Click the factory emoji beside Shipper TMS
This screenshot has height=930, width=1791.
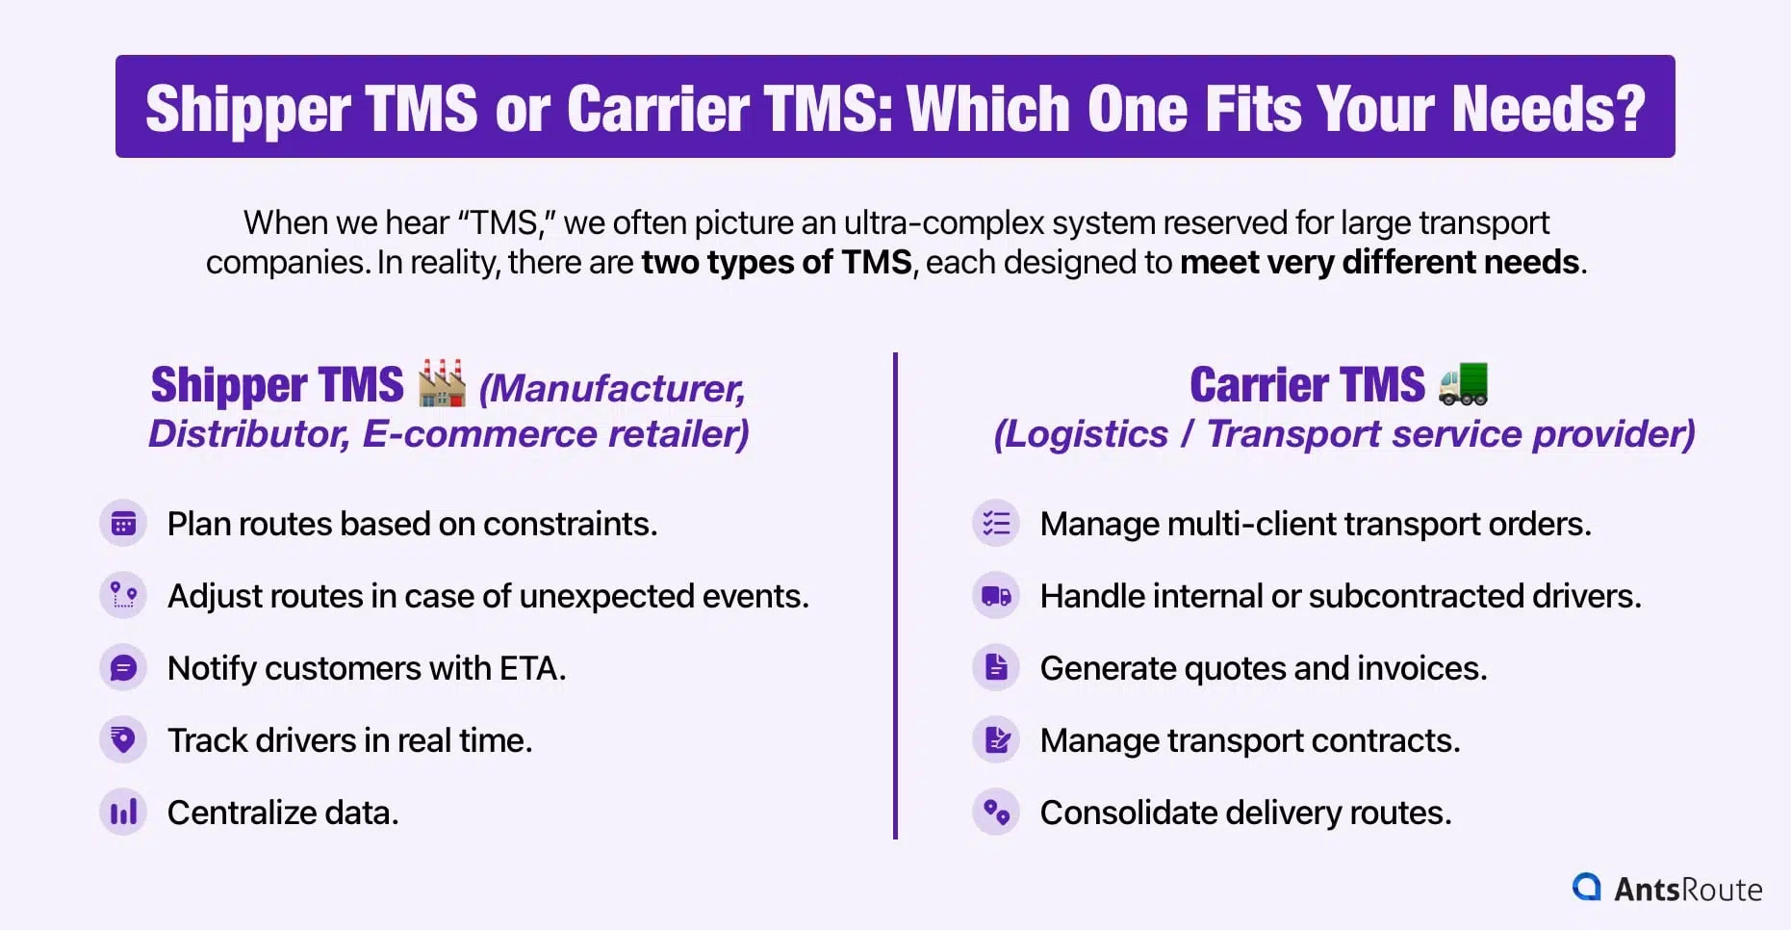(x=442, y=383)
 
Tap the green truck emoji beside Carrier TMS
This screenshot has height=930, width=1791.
(x=1463, y=383)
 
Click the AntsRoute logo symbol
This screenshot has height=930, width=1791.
(x=1586, y=887)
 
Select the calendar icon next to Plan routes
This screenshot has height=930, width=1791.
(x=123, y=524)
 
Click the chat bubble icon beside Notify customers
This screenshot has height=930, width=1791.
(x=123, y=668)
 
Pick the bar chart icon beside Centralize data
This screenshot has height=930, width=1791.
(x=123, y=813)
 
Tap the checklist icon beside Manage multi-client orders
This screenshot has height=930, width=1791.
(x=996, y=524)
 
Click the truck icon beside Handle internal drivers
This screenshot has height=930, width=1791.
(x=996, y=596)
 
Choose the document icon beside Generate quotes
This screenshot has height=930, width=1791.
(x=996, y=668)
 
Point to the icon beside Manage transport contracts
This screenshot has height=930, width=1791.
(x=996, y=740)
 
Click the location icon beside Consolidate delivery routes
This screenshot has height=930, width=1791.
(x=996, y=813)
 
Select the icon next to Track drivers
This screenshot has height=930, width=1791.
(x=123, y=740)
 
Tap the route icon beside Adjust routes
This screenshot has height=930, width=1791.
(x=123, y=596)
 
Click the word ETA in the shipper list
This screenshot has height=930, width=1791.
(x=531, y=668)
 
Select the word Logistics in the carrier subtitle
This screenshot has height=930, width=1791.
(x=1081, y=434)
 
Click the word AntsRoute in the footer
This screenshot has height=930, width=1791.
(x=1688, y=889)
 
